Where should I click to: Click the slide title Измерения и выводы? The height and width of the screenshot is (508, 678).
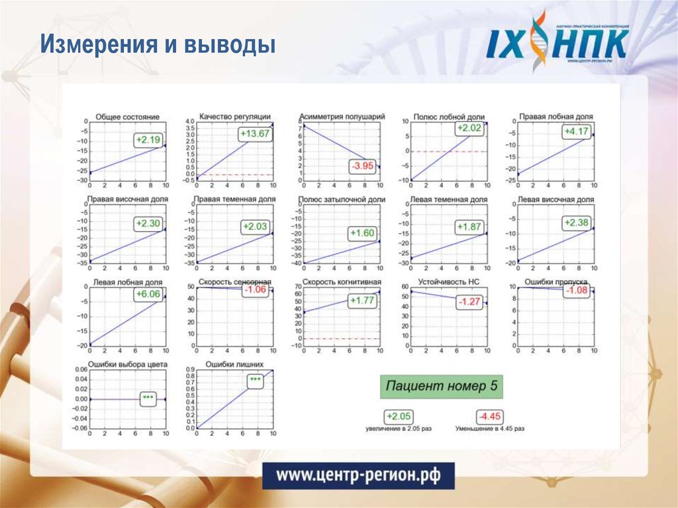coord(158,45)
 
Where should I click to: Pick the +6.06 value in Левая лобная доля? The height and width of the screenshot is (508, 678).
coord(147,294)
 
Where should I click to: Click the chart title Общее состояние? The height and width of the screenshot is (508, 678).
coord(127,117)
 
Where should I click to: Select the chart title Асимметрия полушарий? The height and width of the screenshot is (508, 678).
coord(342,117)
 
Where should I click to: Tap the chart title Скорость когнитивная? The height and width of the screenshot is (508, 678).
coord(340,281)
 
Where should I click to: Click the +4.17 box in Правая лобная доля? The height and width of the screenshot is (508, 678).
coord(575,132)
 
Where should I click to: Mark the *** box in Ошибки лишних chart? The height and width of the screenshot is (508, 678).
coord(255,380)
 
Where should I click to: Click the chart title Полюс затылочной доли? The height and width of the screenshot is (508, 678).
coord(342,199)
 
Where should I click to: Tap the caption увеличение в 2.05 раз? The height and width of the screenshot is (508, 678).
coord(399,429)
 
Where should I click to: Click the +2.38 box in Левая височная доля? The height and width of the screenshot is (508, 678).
coord(575,223)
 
